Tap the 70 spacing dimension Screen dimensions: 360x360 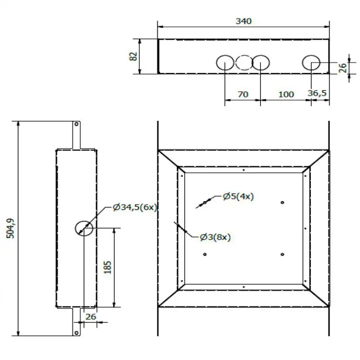point(243,94)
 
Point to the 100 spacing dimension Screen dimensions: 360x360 point(286,94)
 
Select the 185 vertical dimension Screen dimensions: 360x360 point(107,267)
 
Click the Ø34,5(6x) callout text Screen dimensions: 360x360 point(134,207)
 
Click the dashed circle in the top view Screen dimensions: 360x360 point(243,63)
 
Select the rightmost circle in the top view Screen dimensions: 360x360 point(311,63)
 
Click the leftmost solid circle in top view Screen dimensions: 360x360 point(225,63)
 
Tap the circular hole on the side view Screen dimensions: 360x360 point(84,227)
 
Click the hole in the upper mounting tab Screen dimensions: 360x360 point(77,124)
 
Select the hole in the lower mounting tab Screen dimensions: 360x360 point(77,333)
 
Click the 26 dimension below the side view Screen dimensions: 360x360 point(90,317)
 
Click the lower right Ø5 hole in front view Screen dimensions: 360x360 point(283,254)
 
